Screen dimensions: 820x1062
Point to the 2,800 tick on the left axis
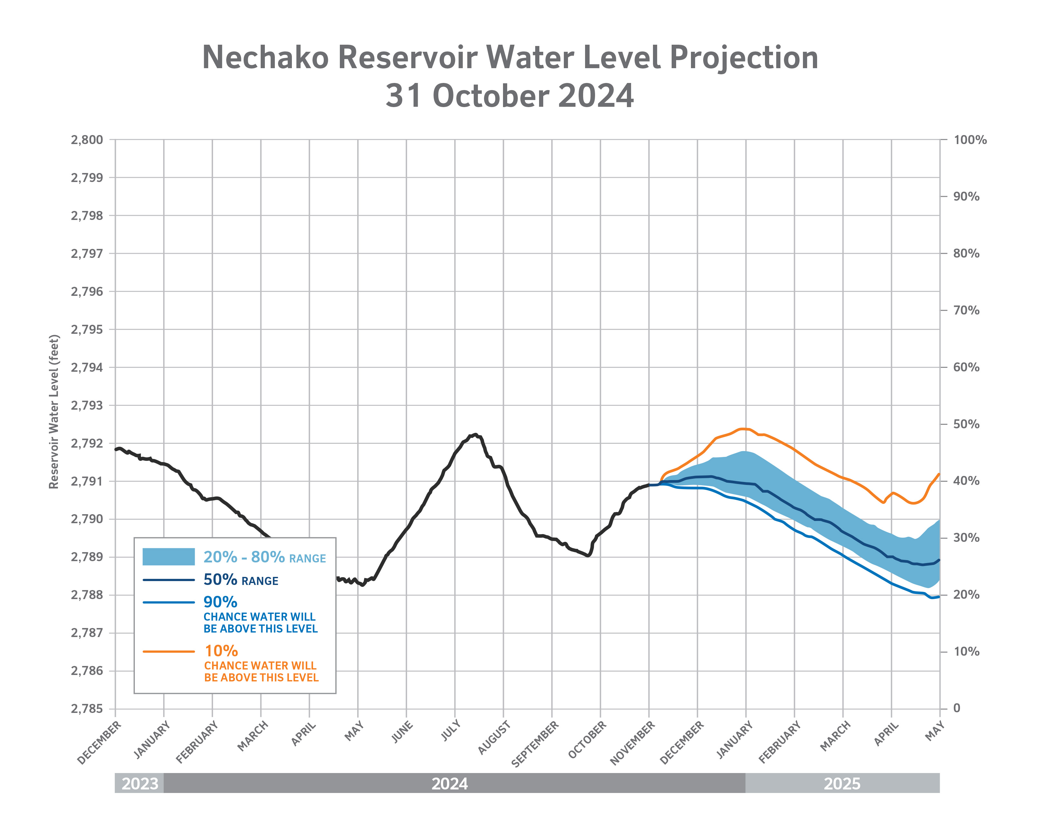tap(87, 140)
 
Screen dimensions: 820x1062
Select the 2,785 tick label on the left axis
tap(87, 709)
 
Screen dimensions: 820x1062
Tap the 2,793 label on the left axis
tap(87, 405)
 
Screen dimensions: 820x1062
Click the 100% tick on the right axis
tap(970, 140)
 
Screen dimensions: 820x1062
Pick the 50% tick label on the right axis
tap(966, 424)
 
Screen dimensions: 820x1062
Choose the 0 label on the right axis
tap(956, 708)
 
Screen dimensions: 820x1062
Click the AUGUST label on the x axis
tap(494, 737)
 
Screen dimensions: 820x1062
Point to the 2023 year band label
tap(140, 784)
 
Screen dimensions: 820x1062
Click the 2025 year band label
tap(842, 784)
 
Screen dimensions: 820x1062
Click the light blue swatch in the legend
tap(168, 557)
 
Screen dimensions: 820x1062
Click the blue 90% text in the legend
tap(220, 602)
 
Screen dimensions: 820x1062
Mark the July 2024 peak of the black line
tap(475, 434)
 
